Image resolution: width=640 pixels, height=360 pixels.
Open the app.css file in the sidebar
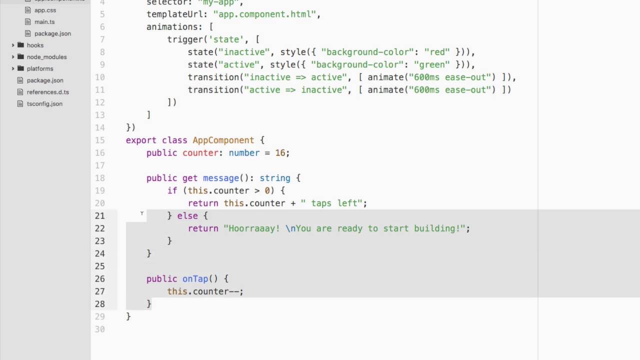45,10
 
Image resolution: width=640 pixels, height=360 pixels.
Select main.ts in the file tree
44,22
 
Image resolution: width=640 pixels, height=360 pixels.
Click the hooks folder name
35,45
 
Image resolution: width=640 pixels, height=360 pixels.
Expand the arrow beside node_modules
13,57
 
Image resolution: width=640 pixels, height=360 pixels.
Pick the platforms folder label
40,68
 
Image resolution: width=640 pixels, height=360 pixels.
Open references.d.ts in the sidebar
48,92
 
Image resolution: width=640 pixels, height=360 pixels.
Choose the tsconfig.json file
44,104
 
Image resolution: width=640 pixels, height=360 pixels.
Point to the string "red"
437,52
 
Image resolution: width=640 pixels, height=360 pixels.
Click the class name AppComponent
223,140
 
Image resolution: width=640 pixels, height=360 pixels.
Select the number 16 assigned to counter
280,153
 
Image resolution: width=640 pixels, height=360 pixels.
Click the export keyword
141,140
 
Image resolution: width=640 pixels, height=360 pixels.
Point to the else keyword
187,216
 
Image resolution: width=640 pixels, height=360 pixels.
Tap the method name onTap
195,279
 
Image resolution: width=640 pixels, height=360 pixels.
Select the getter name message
220,178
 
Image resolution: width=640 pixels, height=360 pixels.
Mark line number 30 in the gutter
99,329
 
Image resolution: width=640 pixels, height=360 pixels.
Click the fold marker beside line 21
142,214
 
